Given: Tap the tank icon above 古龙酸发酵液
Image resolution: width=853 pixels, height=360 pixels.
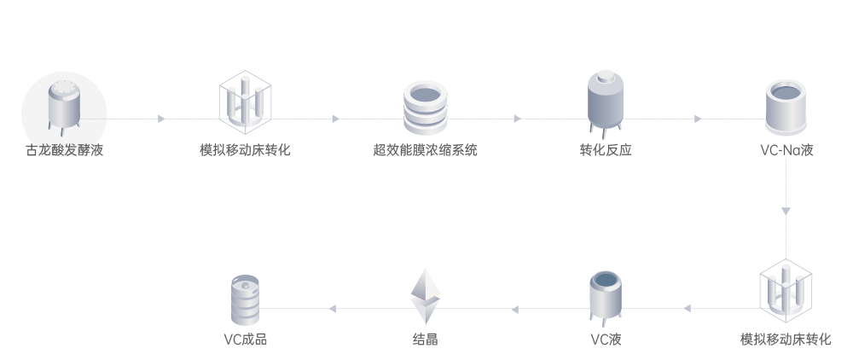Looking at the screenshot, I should (64, 107).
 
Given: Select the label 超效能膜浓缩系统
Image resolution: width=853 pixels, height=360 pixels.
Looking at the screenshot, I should (425, 151).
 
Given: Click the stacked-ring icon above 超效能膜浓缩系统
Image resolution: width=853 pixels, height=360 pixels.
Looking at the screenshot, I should (425, 107).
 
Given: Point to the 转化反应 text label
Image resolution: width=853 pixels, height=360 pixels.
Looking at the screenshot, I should (606, 151).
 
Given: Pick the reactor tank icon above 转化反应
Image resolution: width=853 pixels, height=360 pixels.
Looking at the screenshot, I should (606, 105).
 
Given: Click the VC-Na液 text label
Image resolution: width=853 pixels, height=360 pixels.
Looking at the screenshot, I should (786, 151).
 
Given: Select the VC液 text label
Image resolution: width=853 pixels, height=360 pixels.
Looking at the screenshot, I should (606, 340).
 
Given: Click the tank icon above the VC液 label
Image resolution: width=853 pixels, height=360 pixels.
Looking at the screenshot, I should (606, 298).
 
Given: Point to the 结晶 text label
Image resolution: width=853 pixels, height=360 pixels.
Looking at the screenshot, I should (425, 340).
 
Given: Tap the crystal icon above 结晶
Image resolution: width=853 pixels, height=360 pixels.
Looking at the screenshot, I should (425, 295).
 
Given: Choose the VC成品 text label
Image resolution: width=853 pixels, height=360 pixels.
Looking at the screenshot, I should (245, 340).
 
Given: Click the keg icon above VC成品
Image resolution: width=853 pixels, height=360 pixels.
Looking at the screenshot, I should (245, 298).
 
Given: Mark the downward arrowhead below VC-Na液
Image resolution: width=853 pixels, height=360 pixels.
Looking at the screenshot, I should (786, 211).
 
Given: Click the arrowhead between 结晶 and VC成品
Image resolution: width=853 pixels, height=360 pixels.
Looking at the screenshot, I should (334, 308).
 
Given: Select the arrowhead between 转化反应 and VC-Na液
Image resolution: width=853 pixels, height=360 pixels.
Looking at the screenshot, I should (698, 119).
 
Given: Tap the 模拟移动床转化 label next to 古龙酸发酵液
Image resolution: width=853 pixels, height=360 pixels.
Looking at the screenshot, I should (245, 151).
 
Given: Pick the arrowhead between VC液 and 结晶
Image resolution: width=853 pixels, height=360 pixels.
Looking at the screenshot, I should (514, 308).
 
